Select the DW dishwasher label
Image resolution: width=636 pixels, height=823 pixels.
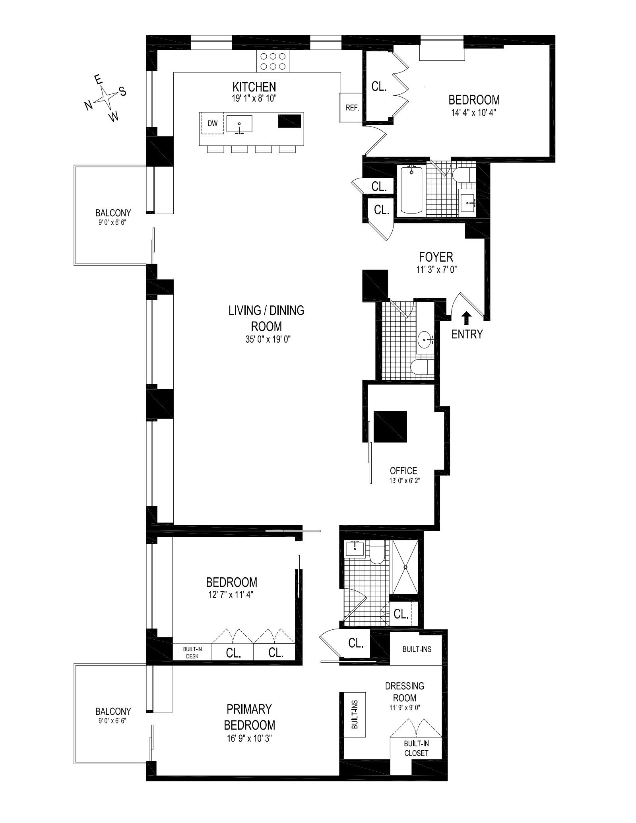click(213, 123)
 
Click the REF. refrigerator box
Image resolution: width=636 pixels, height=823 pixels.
click(351, 107)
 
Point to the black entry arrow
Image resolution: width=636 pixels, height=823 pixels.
click(467, 318)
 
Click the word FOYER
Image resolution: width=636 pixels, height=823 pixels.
click(436, 257)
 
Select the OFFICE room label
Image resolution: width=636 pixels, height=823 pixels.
click(403, 471)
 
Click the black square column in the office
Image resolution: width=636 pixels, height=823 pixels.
click(390, 426)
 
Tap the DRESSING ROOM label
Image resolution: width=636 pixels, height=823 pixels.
click(405, 692)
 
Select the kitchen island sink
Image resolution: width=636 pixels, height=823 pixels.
click(239, 124)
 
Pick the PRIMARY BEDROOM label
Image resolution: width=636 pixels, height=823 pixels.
click(250, 717)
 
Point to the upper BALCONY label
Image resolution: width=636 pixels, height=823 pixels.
click(113, 213)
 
